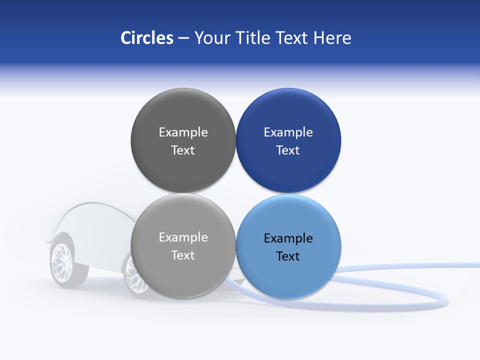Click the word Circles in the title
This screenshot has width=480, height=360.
click(x=146, y=38)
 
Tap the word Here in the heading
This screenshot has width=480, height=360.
click(x=332, y=38)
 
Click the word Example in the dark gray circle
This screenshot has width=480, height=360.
click(x=183, y=132)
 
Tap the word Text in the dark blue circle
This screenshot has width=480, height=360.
click(x=288, y=150)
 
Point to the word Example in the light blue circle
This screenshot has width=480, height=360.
click(x=288, y=238)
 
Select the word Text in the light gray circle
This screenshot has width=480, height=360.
click(x=183, y=255)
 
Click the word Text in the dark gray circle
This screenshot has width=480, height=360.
click(x=183, y=150)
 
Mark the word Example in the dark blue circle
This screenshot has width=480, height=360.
click(x=288, y=132)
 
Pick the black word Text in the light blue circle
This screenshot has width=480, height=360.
click(x=288, y=256)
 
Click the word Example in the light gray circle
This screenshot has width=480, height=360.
click(x=183, y=237)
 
